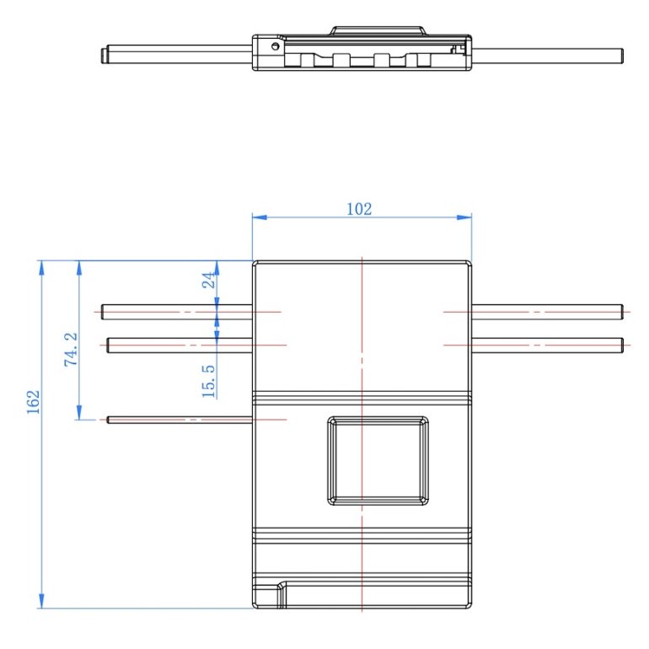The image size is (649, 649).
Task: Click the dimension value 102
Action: point(359,209)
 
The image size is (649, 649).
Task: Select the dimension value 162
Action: point(33,401)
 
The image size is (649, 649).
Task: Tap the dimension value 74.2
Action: point(71,349)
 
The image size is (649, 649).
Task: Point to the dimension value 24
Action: point(209,280)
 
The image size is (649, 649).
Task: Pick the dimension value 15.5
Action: point(209,381)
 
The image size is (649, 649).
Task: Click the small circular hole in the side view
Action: point(276,46)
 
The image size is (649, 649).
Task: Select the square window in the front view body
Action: point(378,461)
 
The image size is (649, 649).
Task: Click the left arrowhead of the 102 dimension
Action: point(260,217)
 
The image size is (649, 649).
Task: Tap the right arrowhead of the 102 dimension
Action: point(464,217)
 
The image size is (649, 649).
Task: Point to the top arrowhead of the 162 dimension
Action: point(41,268)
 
